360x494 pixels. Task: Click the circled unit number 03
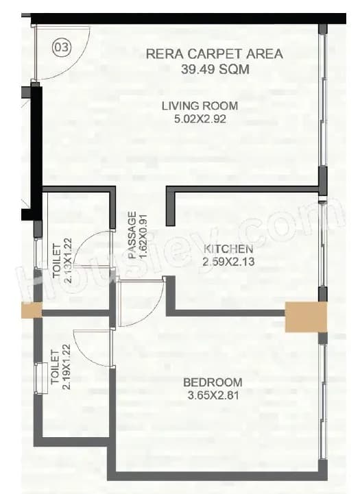[x=62, y=47]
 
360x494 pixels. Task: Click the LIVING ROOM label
[x=200, y=106]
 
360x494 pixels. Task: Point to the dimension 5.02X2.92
[x=200, y=119]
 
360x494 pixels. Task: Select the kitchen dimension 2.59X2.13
[x=229, y=261]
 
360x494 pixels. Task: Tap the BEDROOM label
[x=212, y=382]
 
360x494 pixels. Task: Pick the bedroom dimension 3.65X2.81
[x=212, y=395]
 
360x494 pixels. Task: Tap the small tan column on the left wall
[x=31, y=310]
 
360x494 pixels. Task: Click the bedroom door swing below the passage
[x=141, y=301]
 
